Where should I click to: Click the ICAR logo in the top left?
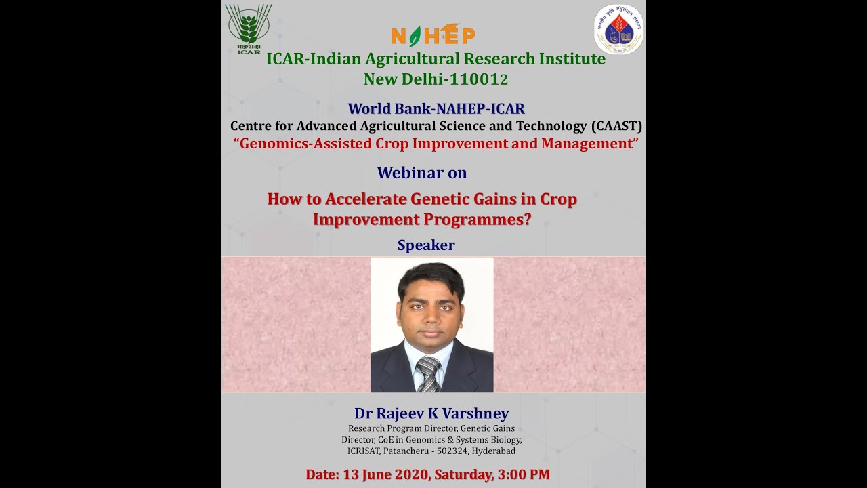point(249,28)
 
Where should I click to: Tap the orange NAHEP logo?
point(433,35)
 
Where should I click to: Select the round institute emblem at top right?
point(618,29)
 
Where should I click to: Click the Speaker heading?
point(426,245)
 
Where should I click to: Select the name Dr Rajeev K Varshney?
point(431,413)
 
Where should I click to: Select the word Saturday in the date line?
point(461,474)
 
